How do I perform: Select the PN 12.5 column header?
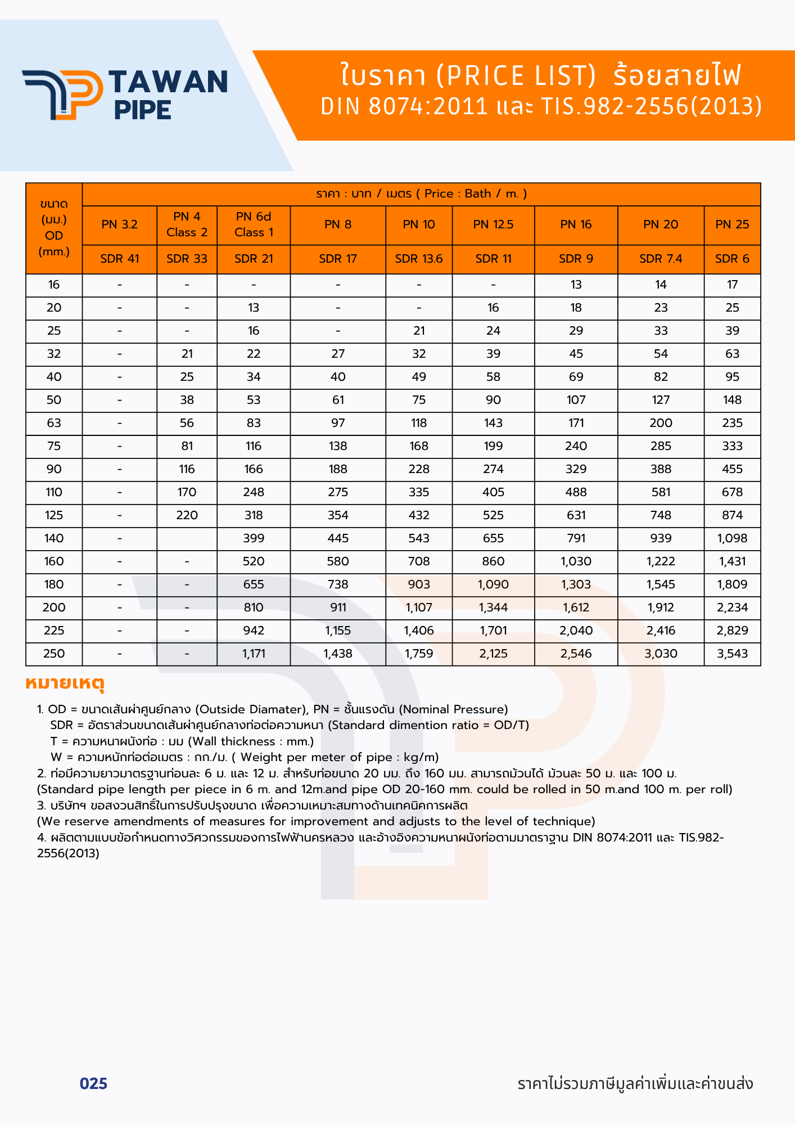coord(493,224)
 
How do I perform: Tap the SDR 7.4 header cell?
coord(661,259)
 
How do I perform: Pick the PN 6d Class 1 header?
coord(254,224)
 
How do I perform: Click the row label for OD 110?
coord(54,492)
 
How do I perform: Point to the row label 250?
coord(54,654)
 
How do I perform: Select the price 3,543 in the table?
coord(732,654)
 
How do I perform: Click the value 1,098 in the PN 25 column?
coord(732,538)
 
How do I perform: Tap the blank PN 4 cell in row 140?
coord(187,538)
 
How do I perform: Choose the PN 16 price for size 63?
coord(576,423)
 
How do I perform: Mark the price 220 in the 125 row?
coord(187,515)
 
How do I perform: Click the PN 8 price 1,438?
coord(338,654)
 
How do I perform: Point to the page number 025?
coord(93,1084)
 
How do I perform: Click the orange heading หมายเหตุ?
coord(65,683)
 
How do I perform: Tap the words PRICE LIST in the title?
coord(516,76)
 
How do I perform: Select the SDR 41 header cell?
coord(119,259)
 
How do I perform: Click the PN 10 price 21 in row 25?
coord(419,331)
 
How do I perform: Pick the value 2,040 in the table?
coord(576,631)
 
